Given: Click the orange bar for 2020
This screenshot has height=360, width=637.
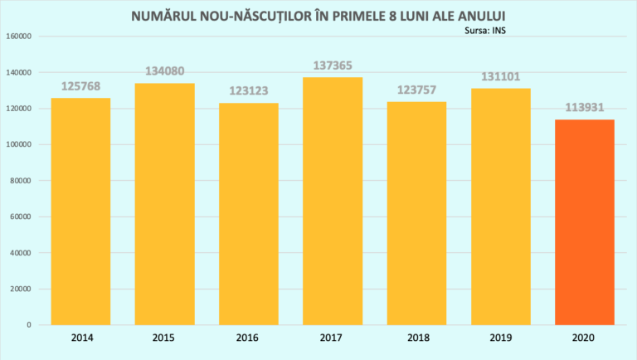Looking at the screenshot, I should point(585,221).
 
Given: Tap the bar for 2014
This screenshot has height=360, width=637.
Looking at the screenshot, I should point(80,211).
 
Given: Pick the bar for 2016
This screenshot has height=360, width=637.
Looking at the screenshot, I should point(249,213).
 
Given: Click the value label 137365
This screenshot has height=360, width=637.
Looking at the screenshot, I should point(333,65).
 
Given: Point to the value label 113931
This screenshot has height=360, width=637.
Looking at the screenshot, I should point(585,108).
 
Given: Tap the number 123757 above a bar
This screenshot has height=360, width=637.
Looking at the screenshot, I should point(416,90).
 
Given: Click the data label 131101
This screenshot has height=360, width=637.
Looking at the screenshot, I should point(500,76).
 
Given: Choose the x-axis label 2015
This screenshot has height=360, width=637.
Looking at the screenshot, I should point(165,338).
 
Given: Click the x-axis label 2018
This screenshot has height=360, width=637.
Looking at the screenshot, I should point(416,338).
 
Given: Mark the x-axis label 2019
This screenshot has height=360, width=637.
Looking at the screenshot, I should point(500,338).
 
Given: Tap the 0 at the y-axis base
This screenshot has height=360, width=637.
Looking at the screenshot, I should point(29,325).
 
